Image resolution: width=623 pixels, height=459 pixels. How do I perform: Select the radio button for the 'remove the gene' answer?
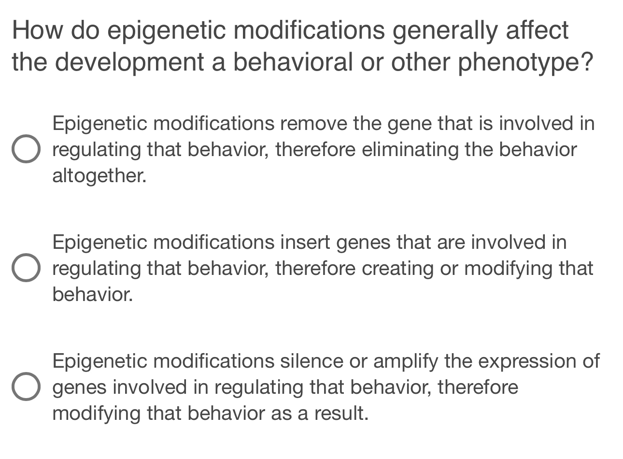[x=26, y=149]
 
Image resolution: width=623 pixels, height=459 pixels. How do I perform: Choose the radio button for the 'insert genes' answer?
[x=26, y=268]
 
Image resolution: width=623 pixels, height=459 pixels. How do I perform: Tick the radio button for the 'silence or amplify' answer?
[x=26, y=387]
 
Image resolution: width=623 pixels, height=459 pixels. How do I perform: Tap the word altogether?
[x=99, y=176]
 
